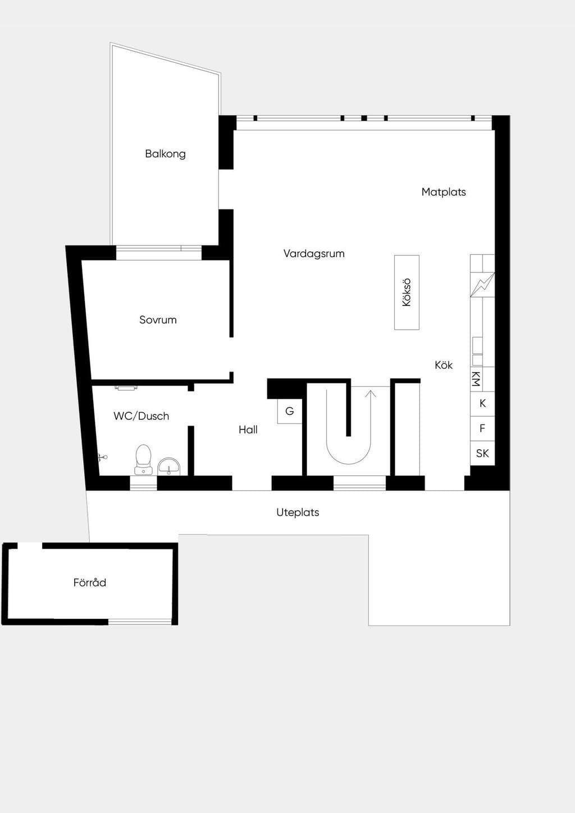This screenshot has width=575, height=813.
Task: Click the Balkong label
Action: [165, 154]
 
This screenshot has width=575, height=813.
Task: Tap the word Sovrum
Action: [158, 320]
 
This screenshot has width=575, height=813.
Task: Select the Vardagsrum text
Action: [314, 254]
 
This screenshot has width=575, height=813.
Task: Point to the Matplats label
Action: [444, 192]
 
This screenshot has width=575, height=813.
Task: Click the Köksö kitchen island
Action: [407, 293]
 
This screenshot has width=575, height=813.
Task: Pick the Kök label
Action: [444, 365]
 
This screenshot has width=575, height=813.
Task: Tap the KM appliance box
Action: [477, 380]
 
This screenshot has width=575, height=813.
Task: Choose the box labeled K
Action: [482, 404]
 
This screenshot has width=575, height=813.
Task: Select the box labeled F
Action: [482, 428]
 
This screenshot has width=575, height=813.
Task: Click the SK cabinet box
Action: [482, 453]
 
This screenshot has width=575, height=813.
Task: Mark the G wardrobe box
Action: [290, 411]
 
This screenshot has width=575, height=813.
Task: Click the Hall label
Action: [248, 430]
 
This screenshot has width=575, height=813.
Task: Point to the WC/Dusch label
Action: [141, 416]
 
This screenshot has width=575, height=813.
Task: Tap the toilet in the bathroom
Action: [143, 459]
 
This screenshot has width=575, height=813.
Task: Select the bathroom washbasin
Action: [169, 466]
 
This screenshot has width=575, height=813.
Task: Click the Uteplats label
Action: [298, 513]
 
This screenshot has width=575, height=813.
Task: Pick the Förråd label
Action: [90, 583]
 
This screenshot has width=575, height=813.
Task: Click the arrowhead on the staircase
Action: [370, 394]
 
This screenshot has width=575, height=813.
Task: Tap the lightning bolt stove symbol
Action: [482, 285]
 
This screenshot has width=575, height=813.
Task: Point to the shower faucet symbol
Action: [102, 457]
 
